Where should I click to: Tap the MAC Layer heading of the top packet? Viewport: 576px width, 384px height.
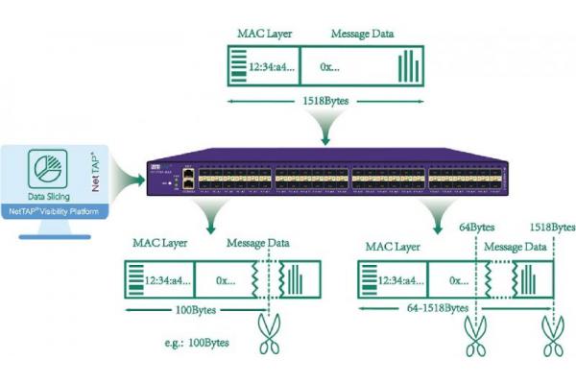(x=265, y=35)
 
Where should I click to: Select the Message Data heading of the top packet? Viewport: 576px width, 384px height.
(x=362, y=35)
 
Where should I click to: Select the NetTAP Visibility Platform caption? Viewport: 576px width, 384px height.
(x=55, y=209)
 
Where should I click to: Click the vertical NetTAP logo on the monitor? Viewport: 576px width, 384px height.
(x=94, y=168)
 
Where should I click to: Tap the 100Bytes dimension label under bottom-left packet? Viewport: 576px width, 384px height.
(x=197, y=311)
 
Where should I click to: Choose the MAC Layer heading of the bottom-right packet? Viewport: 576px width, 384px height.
(x=394, y=247)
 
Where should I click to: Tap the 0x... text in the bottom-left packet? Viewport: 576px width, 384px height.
(x=228, y=280)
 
